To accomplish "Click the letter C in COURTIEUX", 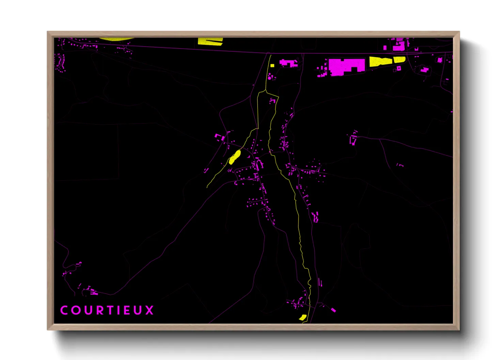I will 64,310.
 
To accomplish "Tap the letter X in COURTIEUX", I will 150,310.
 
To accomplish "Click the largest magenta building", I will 345,66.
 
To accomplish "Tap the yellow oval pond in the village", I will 235,158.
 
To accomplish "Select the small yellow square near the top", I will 272,66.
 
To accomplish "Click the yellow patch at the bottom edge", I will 302,317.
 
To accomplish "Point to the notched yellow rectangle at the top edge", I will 210,41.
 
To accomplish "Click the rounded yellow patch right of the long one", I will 399,60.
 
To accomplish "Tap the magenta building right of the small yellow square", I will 288,63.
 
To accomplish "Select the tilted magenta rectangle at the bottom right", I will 333,310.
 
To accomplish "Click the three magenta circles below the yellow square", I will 271,77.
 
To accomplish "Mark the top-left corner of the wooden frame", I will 48,32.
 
